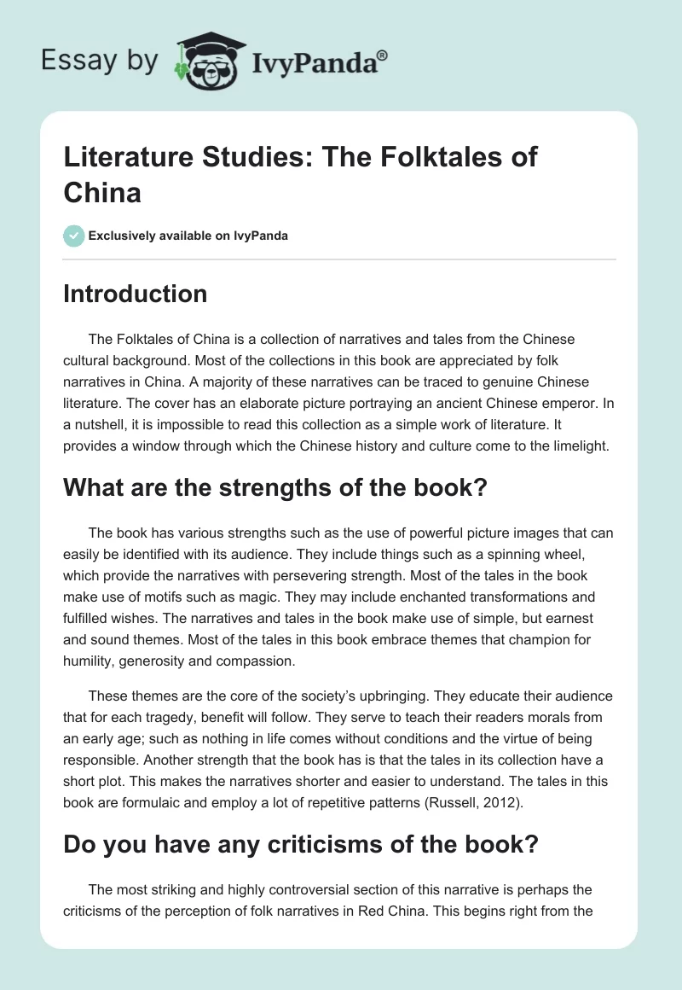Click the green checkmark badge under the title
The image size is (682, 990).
(x=74, y=236)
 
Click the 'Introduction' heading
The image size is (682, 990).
(x=135, y=294)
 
